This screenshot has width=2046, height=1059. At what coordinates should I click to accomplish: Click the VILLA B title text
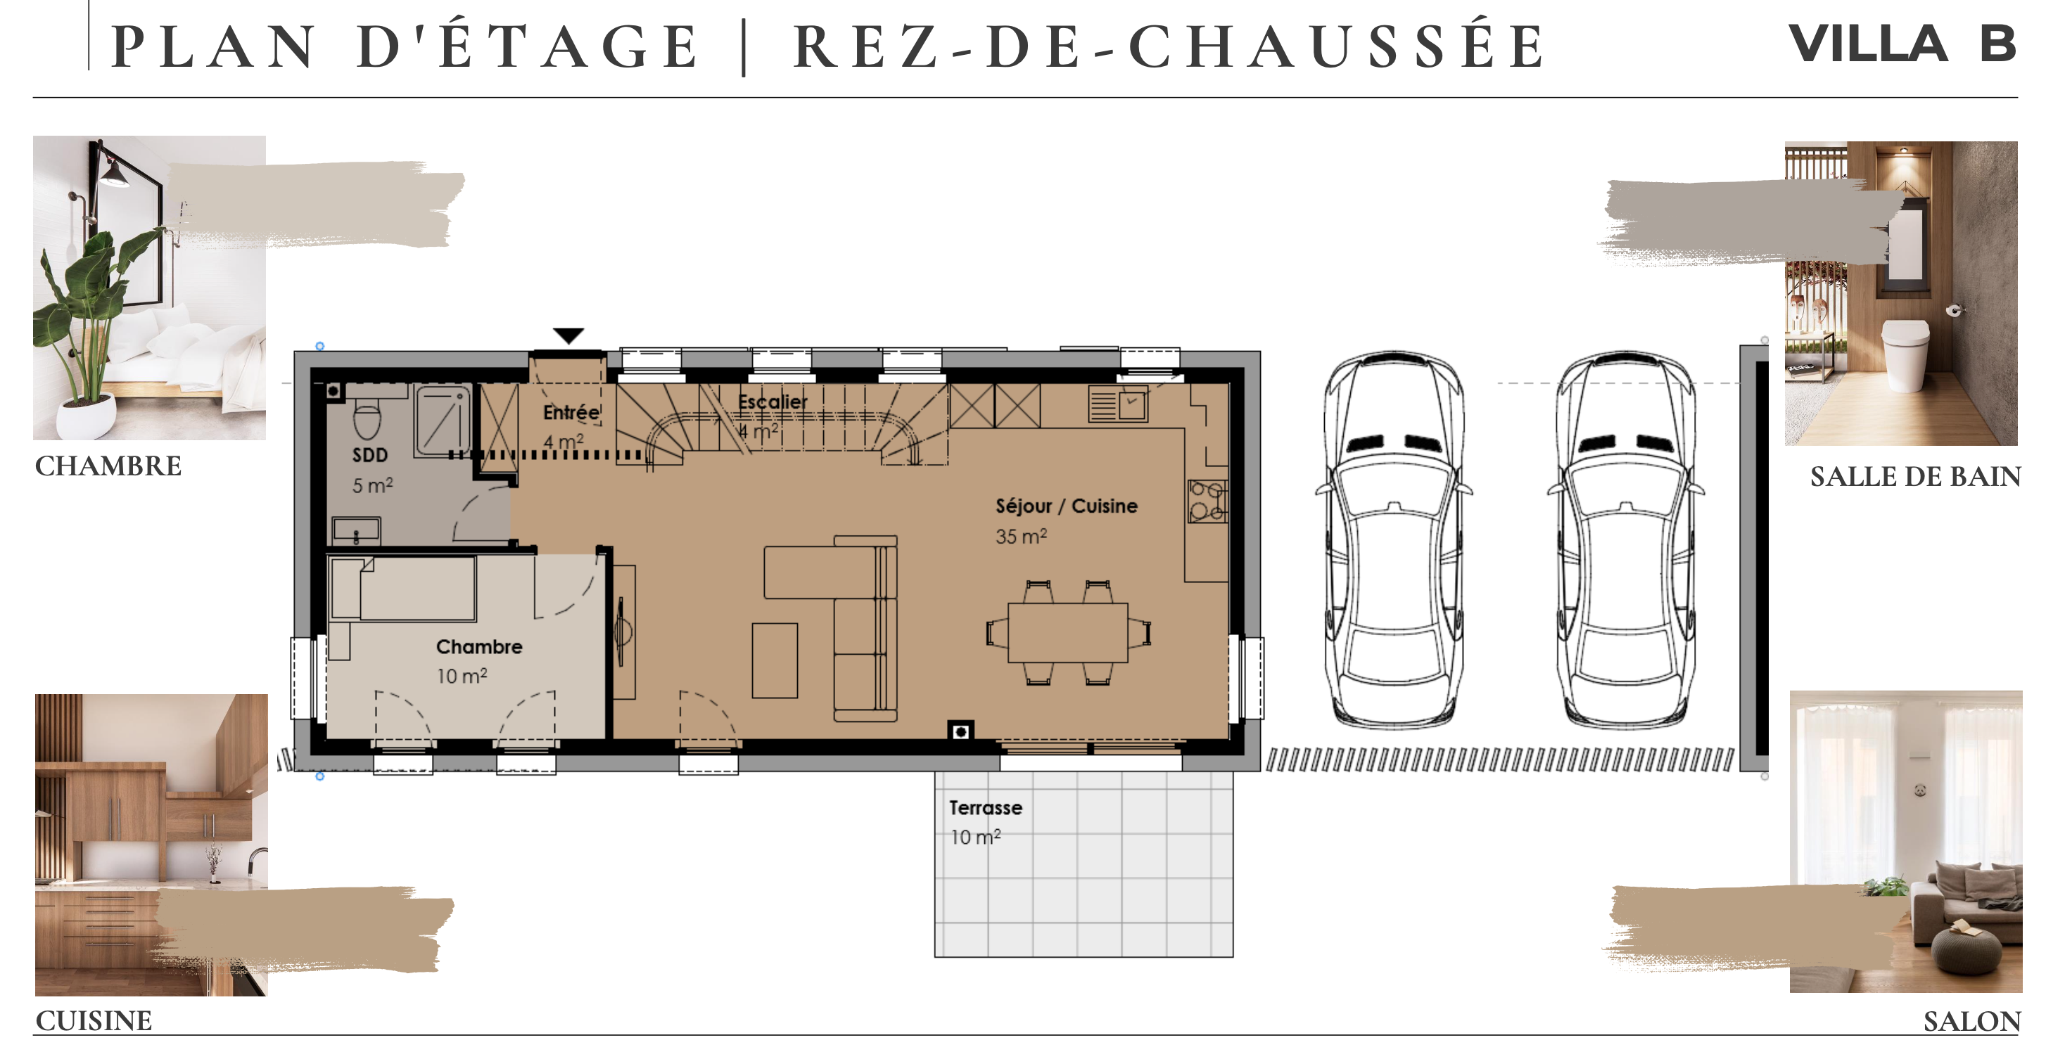[1902, 44]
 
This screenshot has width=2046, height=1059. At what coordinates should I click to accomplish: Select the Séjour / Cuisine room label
[1066, 506]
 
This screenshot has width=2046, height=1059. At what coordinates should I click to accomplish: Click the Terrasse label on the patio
[985, 807]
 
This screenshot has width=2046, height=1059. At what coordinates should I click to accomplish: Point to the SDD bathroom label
[370, 455]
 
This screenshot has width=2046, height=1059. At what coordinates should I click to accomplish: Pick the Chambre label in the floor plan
[479, 647]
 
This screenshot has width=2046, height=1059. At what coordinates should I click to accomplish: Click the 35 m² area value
[1021, 536]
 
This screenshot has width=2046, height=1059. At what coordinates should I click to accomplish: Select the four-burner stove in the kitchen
[1207, 501]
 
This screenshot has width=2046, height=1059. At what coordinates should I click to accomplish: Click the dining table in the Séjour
[1067, 633]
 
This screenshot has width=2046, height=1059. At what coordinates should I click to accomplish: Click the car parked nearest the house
[1394, 540]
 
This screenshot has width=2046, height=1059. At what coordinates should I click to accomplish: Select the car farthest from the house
[1625, 540]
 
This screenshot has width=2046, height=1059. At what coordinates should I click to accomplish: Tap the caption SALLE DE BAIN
[1915, 476]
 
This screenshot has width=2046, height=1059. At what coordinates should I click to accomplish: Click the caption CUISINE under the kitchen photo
[94, 1021]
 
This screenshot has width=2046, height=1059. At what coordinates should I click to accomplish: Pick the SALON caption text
[1971, 1022]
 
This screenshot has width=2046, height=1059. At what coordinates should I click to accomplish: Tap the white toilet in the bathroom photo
[1906, 353]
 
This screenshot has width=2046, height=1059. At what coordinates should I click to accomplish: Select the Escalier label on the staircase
[772, 402]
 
